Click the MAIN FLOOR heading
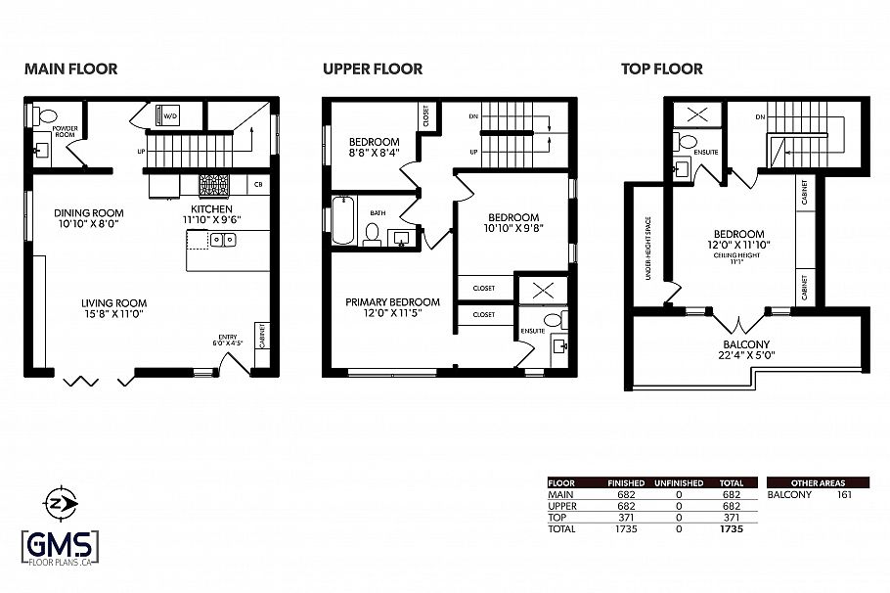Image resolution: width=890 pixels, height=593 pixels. [x=70, y=69]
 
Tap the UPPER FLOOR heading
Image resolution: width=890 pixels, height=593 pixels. [x=373, y=69]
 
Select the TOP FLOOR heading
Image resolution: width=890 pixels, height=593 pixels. [x=662, y=69]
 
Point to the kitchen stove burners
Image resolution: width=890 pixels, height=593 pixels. [x=214, y=184]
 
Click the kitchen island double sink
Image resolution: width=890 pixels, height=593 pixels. [x=221, y=240]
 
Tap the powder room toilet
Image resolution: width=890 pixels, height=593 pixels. [x=45, y=116]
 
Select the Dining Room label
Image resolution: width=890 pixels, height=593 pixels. [x=89, y=212]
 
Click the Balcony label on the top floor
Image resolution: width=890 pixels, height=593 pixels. [x=746, y=344]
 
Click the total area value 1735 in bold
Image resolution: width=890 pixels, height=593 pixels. [x=732, y=529]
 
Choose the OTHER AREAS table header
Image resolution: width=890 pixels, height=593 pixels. [x=817, y=482]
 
